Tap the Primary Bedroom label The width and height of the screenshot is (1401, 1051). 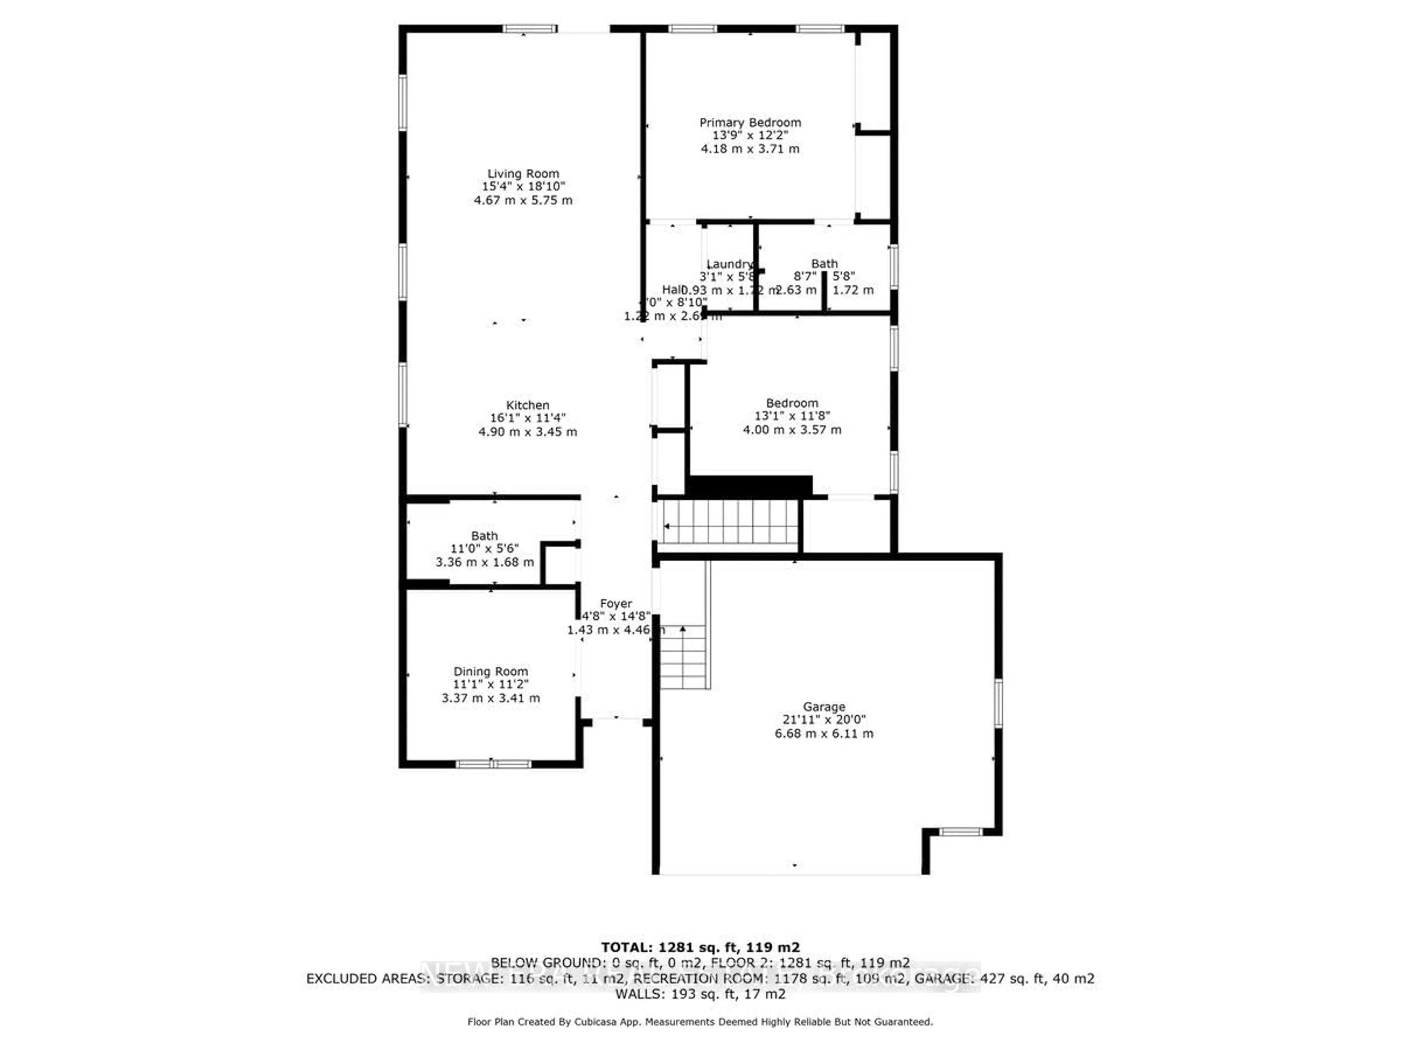(750, 122)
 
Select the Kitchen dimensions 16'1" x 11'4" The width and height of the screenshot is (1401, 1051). (528, 418)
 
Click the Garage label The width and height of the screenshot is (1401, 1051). (823, 707)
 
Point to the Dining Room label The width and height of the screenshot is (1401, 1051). (490, 671)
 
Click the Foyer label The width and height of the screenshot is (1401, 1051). (615, 604)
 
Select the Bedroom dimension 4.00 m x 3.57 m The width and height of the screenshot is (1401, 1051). (792, 430)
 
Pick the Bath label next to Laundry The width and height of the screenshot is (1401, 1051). (824, 263)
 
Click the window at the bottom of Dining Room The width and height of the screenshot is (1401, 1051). (493, 764)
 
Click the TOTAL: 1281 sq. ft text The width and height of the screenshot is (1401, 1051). (700, 947)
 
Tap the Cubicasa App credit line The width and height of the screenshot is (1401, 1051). (700, 1022)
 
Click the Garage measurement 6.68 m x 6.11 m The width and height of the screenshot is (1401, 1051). (823, 734)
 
